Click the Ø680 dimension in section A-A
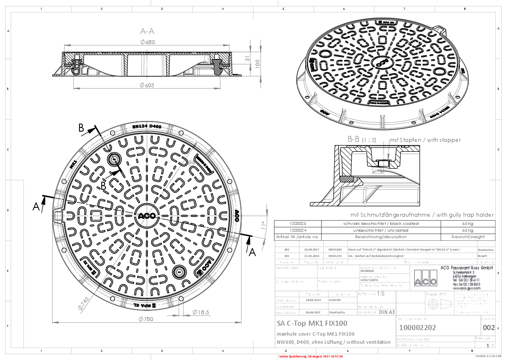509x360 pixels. point(147,42)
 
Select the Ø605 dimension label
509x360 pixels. point(147,85)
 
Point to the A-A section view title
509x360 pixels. point(147,31)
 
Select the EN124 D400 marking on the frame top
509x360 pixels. point(147,127)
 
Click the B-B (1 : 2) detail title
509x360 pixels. point(362,139)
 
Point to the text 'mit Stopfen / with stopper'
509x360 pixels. point(425,140)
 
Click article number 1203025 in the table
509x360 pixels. point(286,224)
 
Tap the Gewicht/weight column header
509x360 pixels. point(468,236)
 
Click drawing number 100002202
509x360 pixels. point(417,328)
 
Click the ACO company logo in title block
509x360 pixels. point(425,278)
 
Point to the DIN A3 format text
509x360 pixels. point(386,313)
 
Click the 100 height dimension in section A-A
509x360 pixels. point(258,63)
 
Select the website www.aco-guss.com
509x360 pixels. point(466,288)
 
